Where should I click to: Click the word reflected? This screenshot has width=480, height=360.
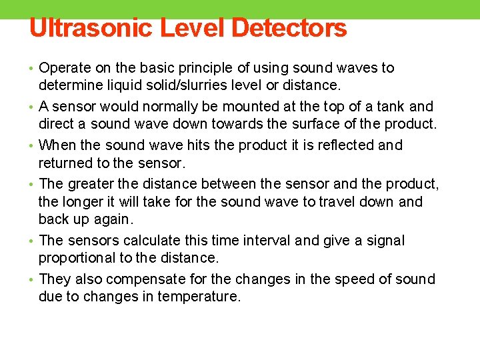coord(346,145)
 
